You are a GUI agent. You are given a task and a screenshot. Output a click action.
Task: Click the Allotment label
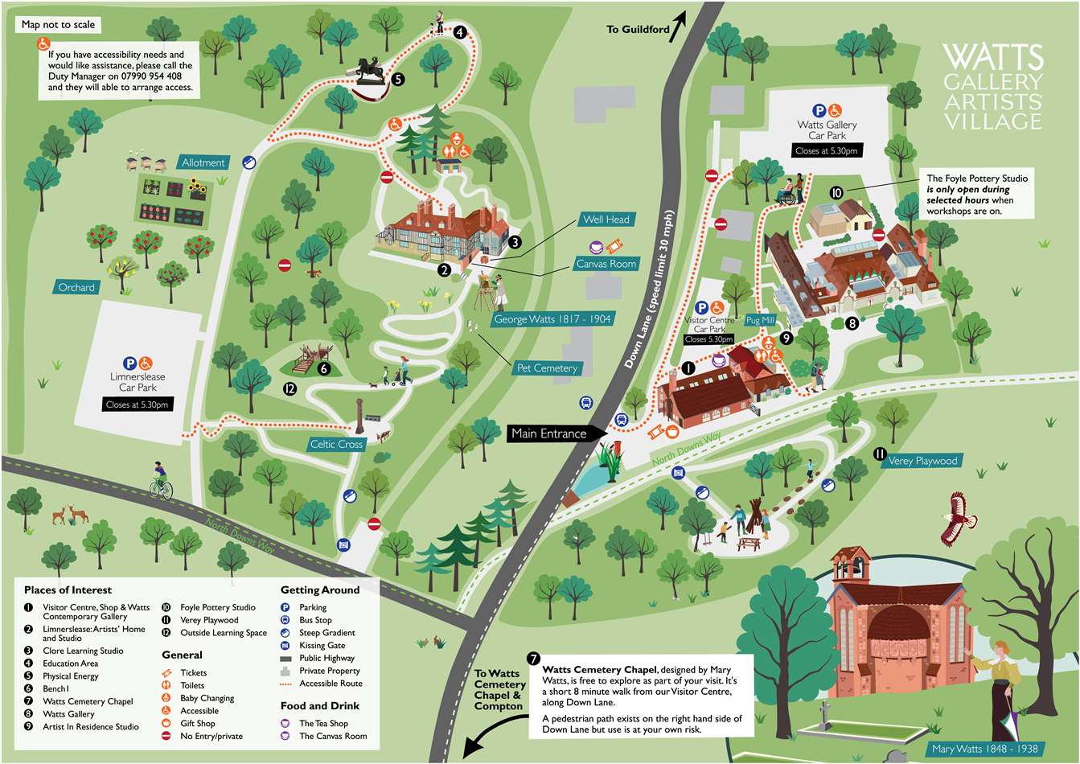(203, 162)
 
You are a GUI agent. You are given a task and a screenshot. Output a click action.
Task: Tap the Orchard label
(76, 287)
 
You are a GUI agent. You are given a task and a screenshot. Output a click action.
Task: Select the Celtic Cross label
(336, 444)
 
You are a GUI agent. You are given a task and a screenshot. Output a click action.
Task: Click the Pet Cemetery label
(547, 368)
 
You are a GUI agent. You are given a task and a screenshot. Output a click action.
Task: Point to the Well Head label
(606, 219)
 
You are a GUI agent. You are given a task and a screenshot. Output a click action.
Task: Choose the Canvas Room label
(606, 264)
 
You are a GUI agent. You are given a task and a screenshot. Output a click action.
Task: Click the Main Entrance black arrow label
(549, 433)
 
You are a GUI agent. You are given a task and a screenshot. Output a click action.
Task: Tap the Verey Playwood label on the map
(922, 461)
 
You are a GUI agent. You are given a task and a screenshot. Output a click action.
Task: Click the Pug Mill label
(759, 320)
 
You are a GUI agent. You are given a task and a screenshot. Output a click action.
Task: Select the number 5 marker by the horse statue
(398, 79)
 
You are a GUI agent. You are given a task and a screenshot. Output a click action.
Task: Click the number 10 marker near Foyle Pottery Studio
(836, 193)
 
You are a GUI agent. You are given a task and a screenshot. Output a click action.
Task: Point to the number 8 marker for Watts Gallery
(852, 323)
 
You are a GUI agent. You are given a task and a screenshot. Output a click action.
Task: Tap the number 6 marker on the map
(324, 368)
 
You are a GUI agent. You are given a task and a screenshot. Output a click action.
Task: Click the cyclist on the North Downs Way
(161, 481)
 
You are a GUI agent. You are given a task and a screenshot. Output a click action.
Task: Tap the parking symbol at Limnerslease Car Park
(129, 364)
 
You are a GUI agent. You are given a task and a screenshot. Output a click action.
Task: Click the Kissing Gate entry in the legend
(322, 645)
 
